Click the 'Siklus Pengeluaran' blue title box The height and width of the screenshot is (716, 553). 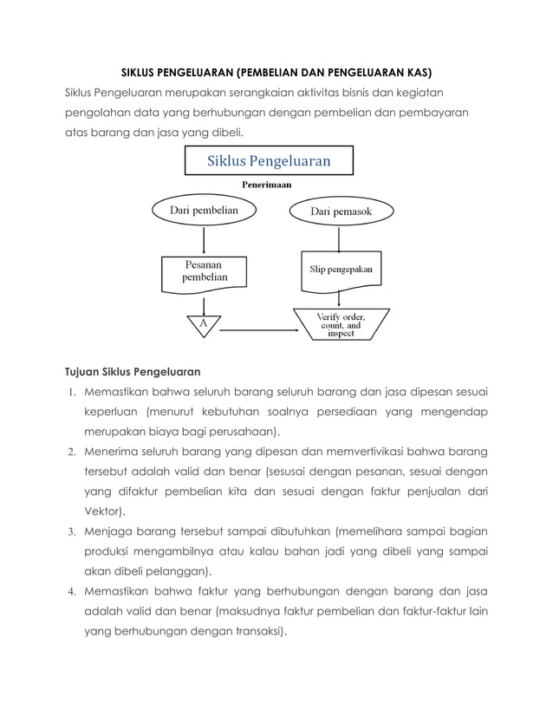pyautogui.click(x=268, y=161)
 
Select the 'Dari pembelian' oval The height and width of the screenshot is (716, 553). pyautogui.click(x=204, y=209)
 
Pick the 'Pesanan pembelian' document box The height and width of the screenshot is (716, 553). pyautogui.click(x=204, y=270)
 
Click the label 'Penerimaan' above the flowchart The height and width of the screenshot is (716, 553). pyautogui.click(x=265, y=185)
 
